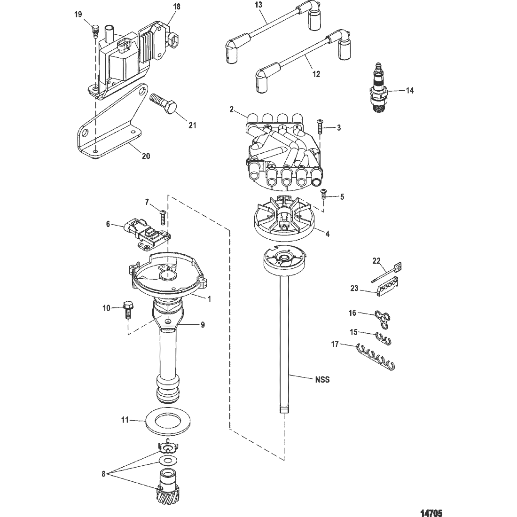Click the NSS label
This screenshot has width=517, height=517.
pos(323,380)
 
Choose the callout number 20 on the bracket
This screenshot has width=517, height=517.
pos(146,156)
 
